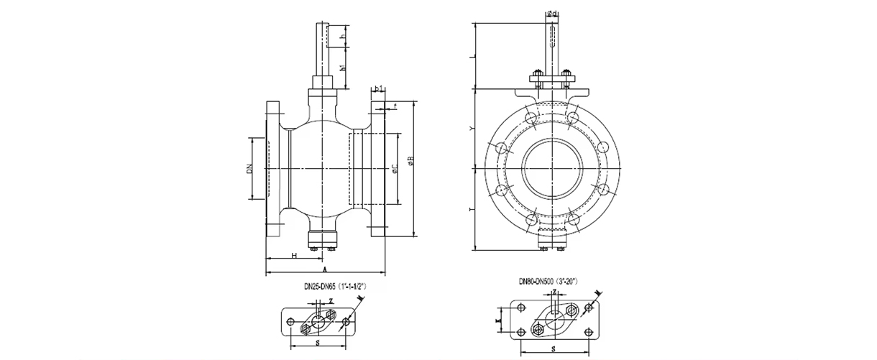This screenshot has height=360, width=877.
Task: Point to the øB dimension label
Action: (x=410, y=164)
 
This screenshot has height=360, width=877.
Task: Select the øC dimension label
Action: (x=395, y=170)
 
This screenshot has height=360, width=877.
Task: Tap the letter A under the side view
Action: (x=325, y=269)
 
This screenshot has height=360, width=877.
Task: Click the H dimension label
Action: (x=294, y=255)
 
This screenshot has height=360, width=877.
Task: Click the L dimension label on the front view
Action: (x=472, y=55)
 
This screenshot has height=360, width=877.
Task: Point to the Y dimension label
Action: (x=472, y=129)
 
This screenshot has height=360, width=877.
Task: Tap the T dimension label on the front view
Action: (x=472, y=209)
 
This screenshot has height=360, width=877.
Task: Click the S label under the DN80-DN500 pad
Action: (x=553, y=349)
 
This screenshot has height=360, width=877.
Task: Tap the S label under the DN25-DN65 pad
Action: (x=318, y=343)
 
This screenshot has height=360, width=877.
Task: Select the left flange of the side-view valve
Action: (x=274, y=170)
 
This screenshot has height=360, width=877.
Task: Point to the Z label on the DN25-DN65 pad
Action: (x=330, y=300)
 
